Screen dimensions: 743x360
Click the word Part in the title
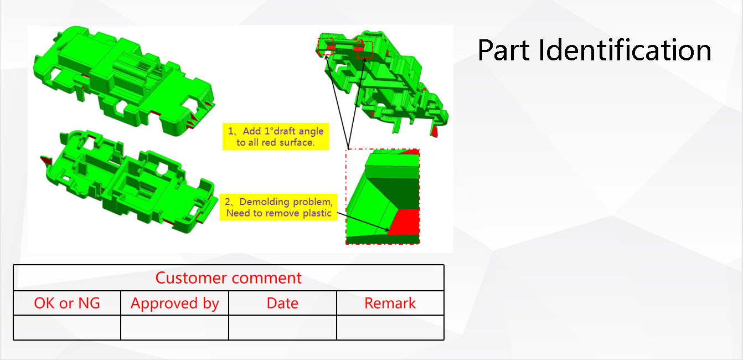click(x=503, y=50)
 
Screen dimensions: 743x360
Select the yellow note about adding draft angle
click(x=276, y=137)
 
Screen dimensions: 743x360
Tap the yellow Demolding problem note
click(x=278, y=207)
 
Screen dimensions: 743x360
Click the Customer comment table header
click(x=229, y=277)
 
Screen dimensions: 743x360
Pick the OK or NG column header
click(x=67, y=303)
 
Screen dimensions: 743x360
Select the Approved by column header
click(x=175, y=304)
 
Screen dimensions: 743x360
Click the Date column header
click(x=282, y=303)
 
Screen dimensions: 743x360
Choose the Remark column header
click(x=390, y=303)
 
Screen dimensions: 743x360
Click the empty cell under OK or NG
click(x=67, y=327)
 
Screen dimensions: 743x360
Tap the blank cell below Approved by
click(x=175, y=327)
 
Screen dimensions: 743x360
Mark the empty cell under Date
click(x=282, y=327)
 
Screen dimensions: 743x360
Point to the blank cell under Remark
click(x=390, y=327)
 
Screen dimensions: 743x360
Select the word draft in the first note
click(x=284, y=131)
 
